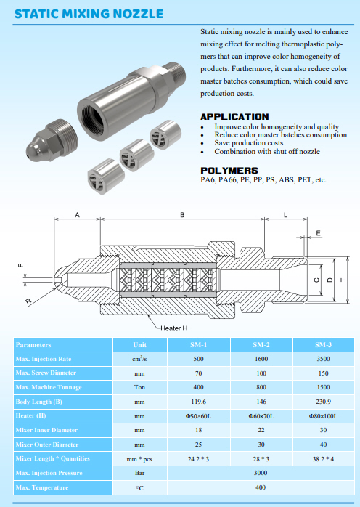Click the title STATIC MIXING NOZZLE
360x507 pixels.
89,14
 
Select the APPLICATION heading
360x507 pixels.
234,117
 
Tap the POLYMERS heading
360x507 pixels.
229,171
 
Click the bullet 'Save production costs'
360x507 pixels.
249,143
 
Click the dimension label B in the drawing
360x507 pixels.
182,215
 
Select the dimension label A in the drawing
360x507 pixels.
77,215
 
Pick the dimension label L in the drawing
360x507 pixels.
285,215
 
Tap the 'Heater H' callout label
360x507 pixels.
174,328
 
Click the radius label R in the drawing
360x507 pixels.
29,301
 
